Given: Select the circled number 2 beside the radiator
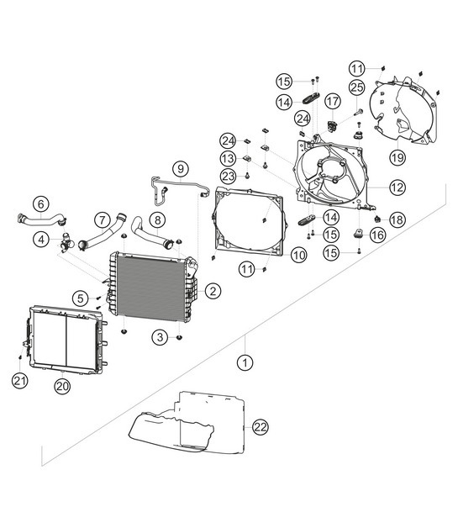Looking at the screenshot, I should pyautogui.click(x=213, y=291).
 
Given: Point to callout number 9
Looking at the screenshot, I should pyautogui.click(x=180, y=167).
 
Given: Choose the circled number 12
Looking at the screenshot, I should pyautogui.click(x=397, y=187).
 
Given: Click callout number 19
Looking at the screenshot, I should pyautogui.click(x=396, y=156).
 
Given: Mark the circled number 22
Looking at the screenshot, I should pyautogui.click(x=261, y=427).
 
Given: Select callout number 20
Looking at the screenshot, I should pyautogui.click(x=61, y=386).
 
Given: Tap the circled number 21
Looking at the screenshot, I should pyautogui.click(x=18, y=380).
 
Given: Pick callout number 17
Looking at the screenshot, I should pyautogui.click(x=333, y=102).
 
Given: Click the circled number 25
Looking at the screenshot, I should pyautogui.click(x=357, y=87).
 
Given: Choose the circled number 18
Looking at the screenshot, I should pyautogui.click(x=397, y=219).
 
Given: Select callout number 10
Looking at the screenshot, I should pyautogui.click(x=298, y=253).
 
